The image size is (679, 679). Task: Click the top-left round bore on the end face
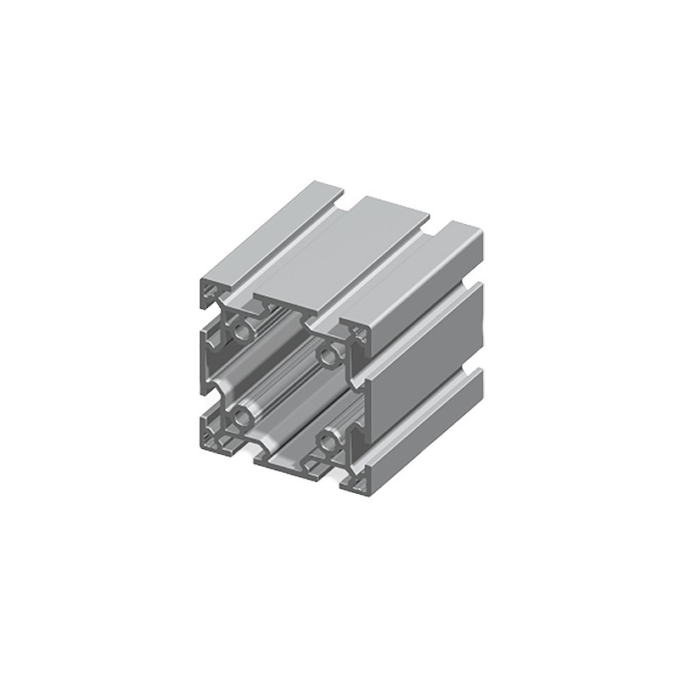tap(243, 331)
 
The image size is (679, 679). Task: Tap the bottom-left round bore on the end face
tap(243, 416)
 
